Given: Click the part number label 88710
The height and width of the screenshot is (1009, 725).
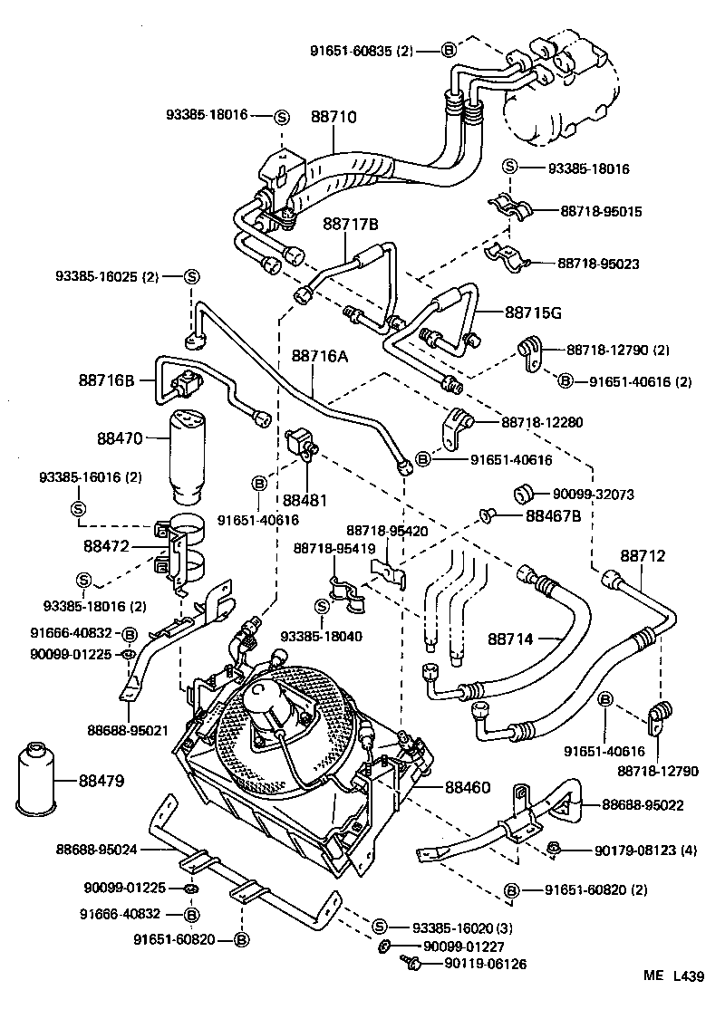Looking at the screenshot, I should click(333, 117).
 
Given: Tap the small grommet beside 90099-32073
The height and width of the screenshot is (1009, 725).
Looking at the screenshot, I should click(523, 494).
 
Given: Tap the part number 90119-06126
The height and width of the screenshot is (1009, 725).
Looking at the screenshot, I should click(486, 965).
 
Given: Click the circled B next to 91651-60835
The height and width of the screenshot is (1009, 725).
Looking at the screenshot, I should click(448, 51).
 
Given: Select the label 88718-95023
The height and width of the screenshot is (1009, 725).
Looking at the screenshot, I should click(599, 264).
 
